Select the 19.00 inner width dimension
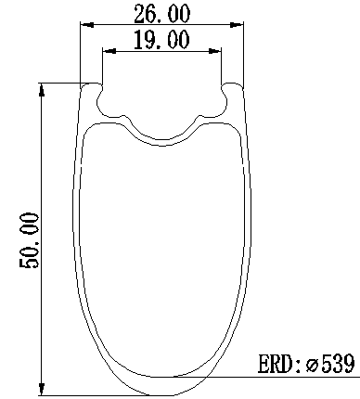(161, 40)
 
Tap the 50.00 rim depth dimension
(30, 240)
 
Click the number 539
(338, 364)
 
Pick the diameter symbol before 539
(313, 366)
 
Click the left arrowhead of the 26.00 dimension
(87, 25)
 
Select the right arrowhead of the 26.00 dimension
(237, 25)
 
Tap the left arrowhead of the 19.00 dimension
(109, 51)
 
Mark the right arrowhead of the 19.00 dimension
(215, 51)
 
